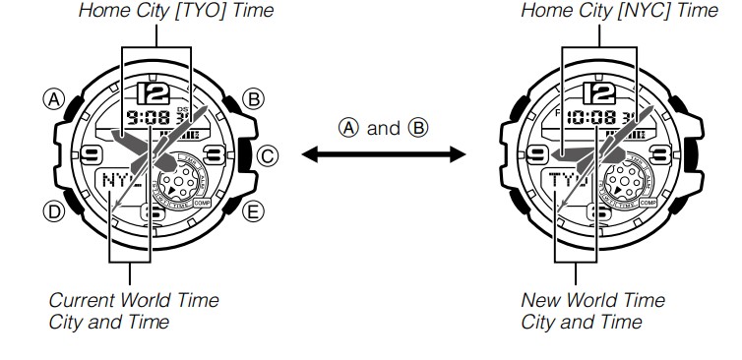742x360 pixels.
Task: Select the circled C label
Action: (x=268, y=154)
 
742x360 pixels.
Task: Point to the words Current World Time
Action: (x=134, y=300)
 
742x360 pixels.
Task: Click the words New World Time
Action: (x=592, y=300)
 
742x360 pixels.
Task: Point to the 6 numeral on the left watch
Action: (x=153, y=210)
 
